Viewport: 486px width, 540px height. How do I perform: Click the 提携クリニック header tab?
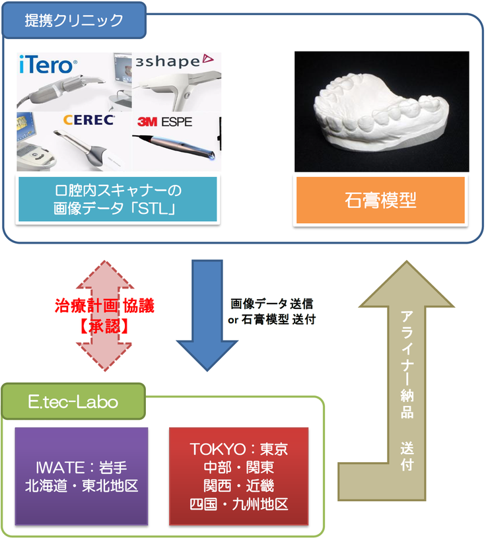74,20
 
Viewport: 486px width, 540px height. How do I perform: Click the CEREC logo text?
89,120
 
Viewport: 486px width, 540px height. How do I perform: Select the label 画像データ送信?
271,304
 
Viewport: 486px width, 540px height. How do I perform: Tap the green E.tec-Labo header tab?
73,402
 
